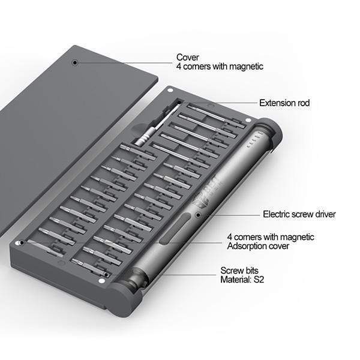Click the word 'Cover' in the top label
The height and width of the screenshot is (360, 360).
[188, 57]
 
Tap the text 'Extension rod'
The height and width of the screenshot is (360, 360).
[284, 103]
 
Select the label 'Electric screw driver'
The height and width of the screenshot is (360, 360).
[299, 214]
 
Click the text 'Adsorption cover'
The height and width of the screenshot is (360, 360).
[262, 247]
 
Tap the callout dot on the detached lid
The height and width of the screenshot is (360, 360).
[75, 62]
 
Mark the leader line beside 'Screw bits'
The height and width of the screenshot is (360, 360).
[186, 275]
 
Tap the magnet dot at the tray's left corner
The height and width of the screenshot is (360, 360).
[22, 242]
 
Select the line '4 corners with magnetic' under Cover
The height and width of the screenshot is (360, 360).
[220, 67]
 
